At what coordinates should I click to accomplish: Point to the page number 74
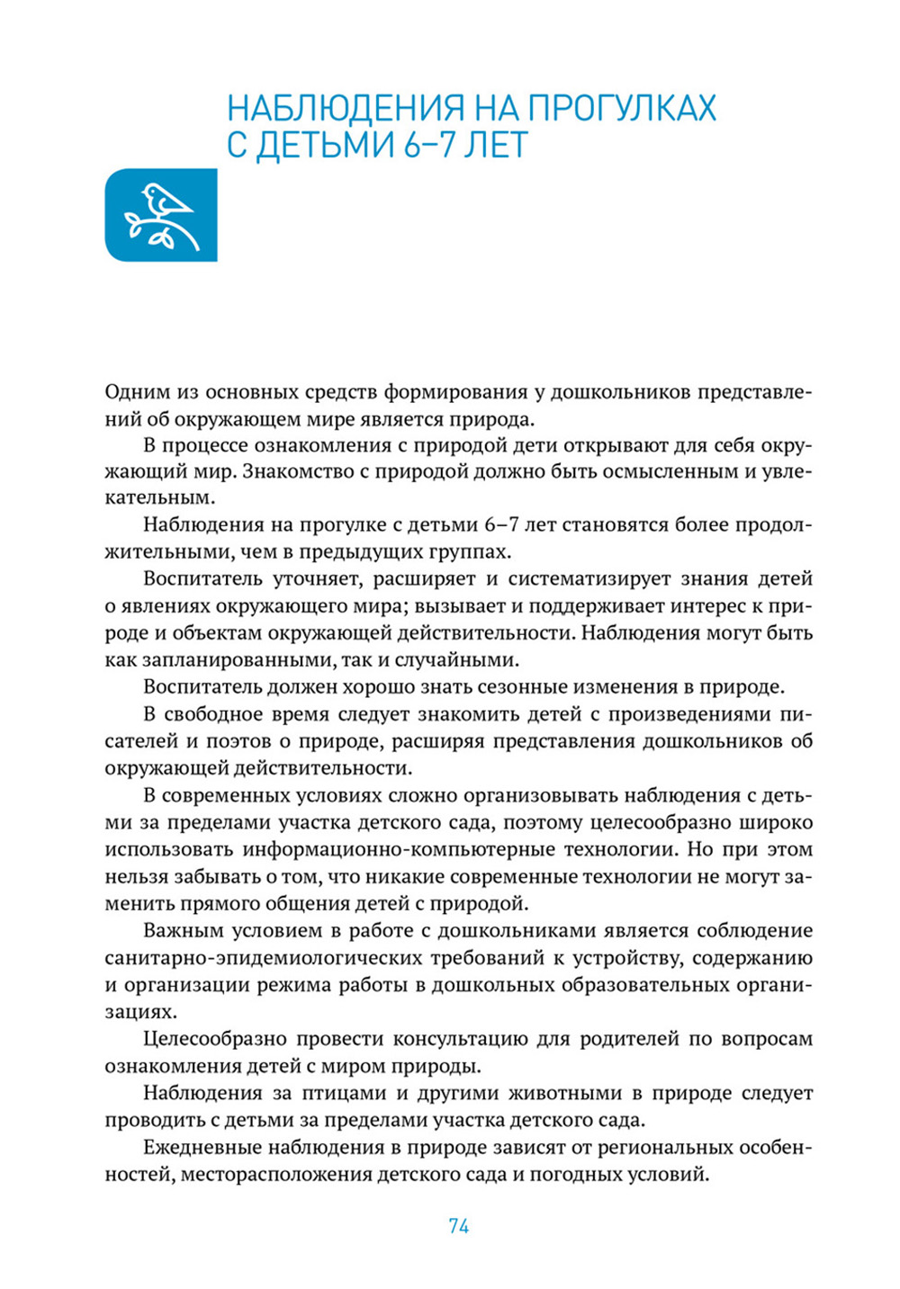tap(458, 1226)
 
